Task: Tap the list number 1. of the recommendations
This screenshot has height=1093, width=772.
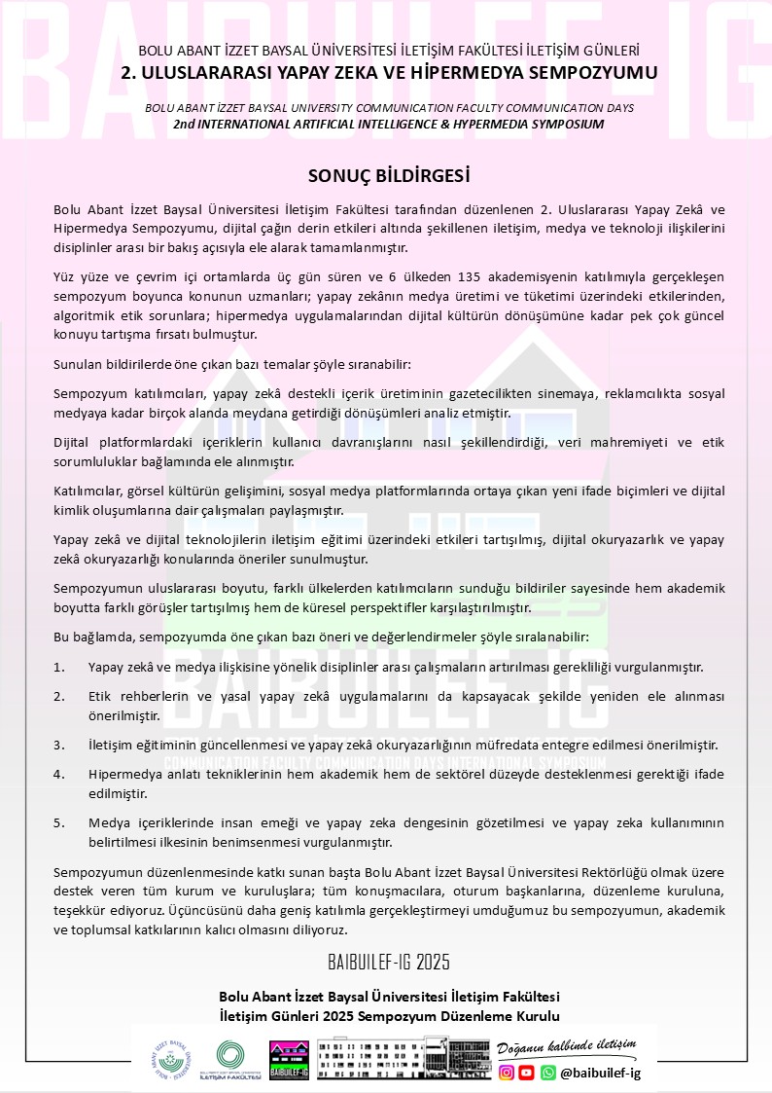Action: point(58,668)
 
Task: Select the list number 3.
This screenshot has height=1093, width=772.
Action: point(58,746)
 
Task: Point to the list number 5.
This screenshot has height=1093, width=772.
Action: point(58,823)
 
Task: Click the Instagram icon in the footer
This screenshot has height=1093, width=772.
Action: point(506,1073)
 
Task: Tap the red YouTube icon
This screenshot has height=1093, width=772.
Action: point(526,1073)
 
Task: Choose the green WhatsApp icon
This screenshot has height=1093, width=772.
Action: point(548,1073)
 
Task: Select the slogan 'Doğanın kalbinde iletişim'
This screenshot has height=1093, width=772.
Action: point(566,1047)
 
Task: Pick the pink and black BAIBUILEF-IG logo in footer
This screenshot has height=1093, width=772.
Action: point(289,1060)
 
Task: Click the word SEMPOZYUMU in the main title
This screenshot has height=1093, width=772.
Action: point(599,73)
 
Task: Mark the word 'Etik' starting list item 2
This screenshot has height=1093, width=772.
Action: point(99,697)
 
